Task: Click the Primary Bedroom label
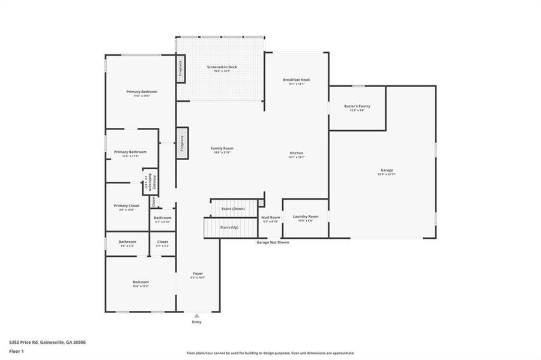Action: [142, 92]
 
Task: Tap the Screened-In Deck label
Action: [222, 67]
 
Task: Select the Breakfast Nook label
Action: [297, 80]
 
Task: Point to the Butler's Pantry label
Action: [357, 107]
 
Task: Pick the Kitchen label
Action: [297, 154]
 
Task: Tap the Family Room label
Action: [222, 148]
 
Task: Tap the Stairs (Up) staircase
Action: [228, 228]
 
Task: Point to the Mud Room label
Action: [271, 218]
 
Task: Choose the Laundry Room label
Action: [305, 217]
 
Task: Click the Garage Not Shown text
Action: [273, 242]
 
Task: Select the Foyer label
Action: [198, 274]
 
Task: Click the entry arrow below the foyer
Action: [196, 314]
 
